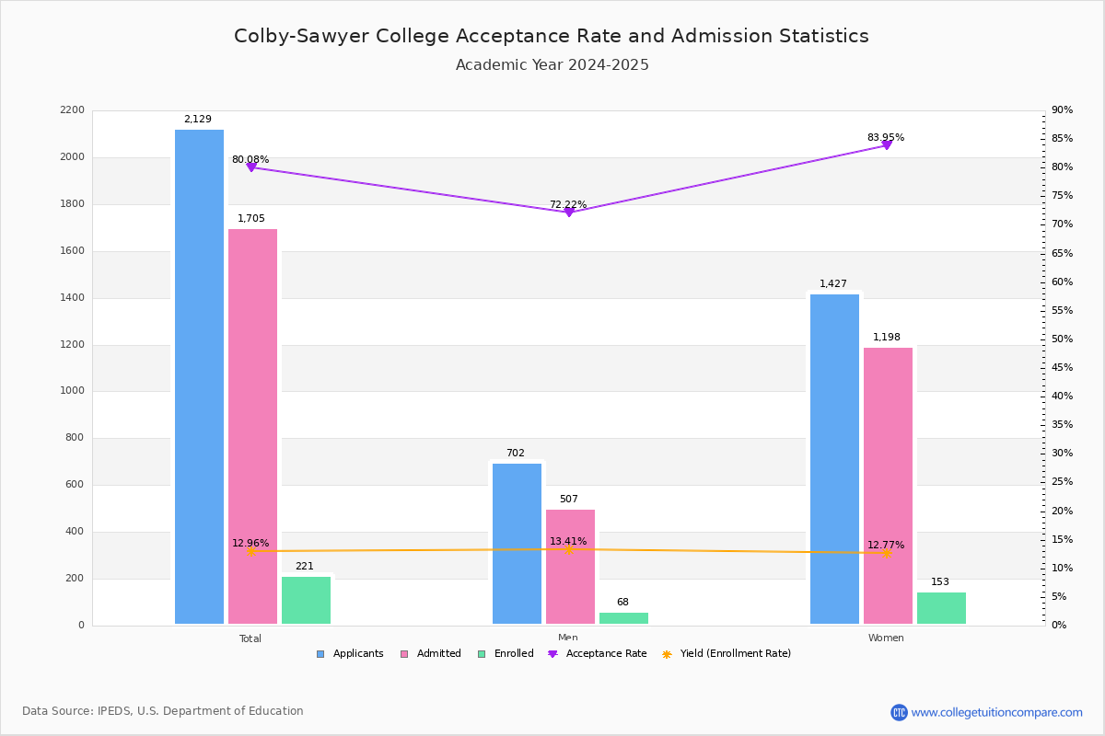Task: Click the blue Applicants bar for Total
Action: tap(199, 377)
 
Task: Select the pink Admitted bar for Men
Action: tap(570, 567)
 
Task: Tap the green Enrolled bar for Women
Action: tap(941, 608)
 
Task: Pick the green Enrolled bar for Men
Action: tap(623, 618)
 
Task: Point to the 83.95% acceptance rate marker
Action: tap(887, 145)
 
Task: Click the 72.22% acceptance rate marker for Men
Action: tap(569, 213)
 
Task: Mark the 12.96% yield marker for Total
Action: tap(251, 552)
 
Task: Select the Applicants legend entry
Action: tap(350, 654)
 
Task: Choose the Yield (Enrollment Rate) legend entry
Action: tap(727, 654)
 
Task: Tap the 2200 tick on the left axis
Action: tap(73, 110)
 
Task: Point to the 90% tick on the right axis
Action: tap(1062, 110)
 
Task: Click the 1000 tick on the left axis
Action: tap(73, 391)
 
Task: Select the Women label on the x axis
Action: tap(886, 638)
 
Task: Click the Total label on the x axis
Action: tap(250, 638)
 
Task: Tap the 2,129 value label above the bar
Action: tap(198, 120)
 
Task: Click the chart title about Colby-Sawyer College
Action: tap(552, 36)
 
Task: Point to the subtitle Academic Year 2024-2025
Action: tap(552, 65)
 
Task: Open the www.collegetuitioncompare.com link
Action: tap(996, 712)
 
